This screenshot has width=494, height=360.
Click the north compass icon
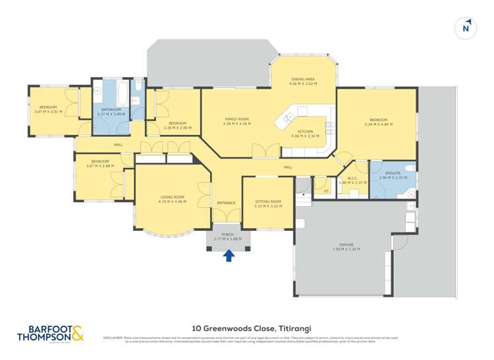[466, 27]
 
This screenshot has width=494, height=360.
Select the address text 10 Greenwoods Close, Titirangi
[247, 326]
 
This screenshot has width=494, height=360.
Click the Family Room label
[236, 118]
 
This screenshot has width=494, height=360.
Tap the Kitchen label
[305, 132]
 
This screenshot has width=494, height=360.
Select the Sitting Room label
[268, 201]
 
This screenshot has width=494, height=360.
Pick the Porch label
[228, 234]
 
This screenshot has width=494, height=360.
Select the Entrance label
[226, 203]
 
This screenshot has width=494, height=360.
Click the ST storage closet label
[326, 191]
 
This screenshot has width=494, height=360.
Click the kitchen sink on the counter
[287, 118]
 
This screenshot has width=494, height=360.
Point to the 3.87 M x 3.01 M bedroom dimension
[48, 111]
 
